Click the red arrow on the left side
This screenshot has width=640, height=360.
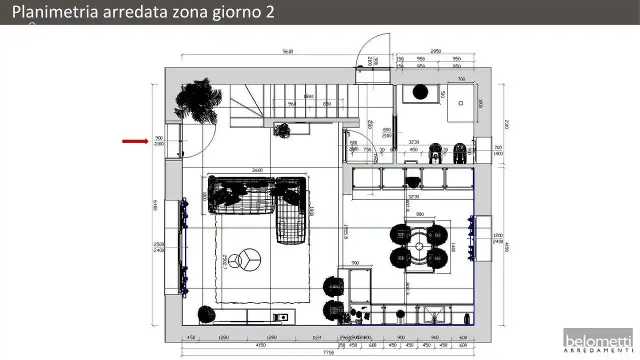135,141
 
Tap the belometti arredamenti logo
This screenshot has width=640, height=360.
598,343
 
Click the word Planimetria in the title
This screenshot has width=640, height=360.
55,12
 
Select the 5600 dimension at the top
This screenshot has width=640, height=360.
287,51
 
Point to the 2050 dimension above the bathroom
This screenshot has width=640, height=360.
435,51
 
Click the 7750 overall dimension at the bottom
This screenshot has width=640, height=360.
328,353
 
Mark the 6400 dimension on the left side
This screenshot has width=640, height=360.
155,205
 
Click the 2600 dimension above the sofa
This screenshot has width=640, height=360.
257,170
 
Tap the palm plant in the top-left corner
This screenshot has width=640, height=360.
198,100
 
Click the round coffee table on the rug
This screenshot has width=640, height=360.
248,259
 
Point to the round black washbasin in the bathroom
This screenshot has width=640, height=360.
420,92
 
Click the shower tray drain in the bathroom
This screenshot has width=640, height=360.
460,103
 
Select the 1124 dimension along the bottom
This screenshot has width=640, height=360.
316,337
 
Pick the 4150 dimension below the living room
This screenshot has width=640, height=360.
260,345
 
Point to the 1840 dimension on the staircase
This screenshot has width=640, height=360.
308,96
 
